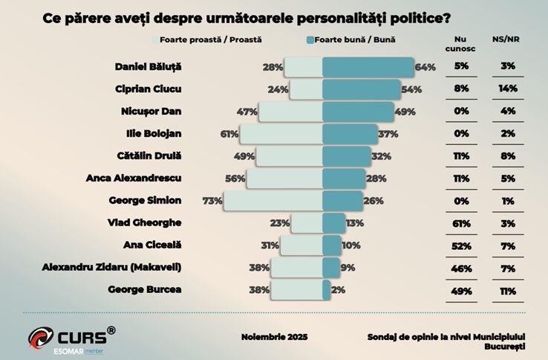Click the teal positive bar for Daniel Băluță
[x=368, y=67]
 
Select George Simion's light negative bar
[x=273, y=200]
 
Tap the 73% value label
[x=212, y=201]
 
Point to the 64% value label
[x=425, y=68]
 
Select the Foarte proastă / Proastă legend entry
[x=210, y=39]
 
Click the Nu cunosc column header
[x=461, y=44]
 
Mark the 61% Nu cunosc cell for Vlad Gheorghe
[x=461, y=222]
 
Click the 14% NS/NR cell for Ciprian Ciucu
[x=508, y=89]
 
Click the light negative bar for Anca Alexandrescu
[x=284, y=179]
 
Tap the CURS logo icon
[x=42, y=337]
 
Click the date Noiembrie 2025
[x=274, y=337]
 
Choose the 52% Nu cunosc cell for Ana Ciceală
[x=461, y=245]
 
